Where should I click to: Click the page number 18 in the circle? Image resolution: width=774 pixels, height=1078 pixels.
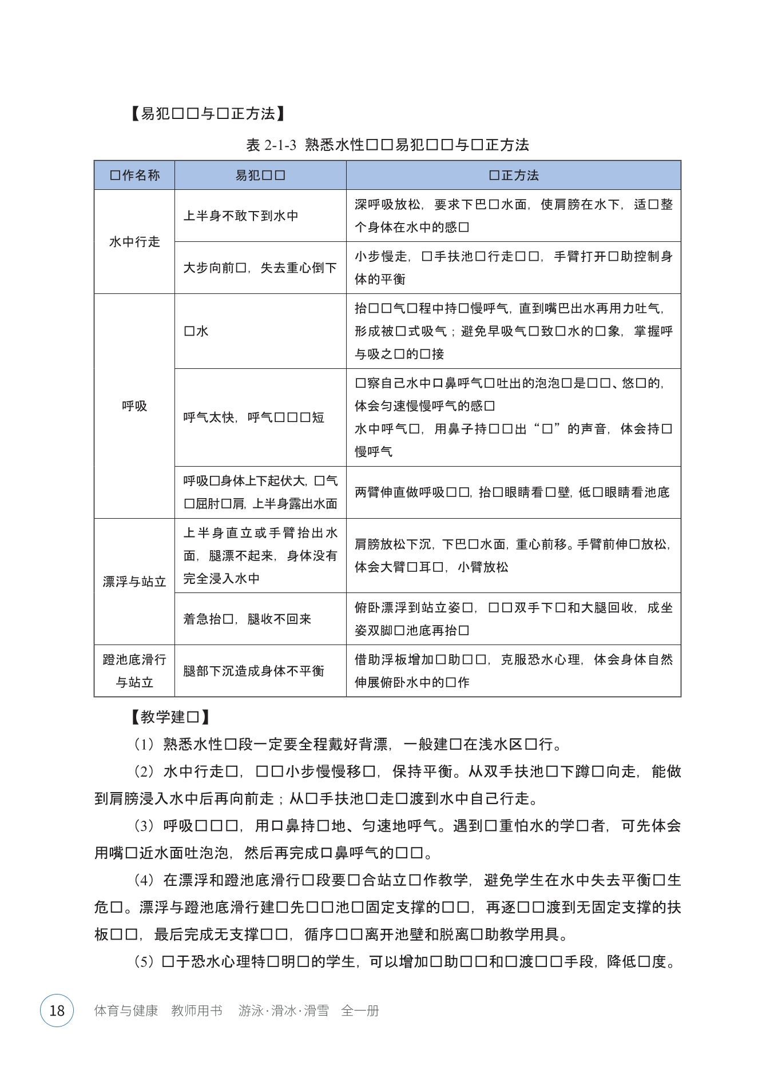click(x=57, y=1011)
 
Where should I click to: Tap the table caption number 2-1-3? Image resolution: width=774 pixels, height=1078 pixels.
click(x=280, y=145)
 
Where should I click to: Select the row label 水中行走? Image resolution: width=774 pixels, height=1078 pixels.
click(x=134, y=242)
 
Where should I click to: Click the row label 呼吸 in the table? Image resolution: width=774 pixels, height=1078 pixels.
click(x=134, y=406)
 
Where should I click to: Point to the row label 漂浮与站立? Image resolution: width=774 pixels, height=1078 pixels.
click(x=134, y=582)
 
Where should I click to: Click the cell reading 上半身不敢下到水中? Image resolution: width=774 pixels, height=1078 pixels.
click(x=241, y=216)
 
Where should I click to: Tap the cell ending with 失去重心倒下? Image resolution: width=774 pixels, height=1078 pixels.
click(x=260, y=268)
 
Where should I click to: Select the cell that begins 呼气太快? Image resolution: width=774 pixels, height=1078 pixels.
click(x=253, y=417)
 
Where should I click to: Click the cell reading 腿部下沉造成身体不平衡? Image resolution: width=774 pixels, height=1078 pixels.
click(x=253, y=671)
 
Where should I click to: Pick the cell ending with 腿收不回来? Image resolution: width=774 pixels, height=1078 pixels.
click(x=247, y=619)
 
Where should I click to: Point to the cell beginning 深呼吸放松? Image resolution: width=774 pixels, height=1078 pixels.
click(x=513, y=216)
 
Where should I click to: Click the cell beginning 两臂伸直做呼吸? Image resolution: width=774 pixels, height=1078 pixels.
click(x=512, y=492)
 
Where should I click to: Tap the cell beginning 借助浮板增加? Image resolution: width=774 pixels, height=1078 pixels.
click(x=513, y=671)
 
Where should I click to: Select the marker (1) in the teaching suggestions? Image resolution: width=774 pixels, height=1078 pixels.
click(x=144, y=745)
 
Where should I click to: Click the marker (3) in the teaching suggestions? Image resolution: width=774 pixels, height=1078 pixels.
click(x=144, y=826)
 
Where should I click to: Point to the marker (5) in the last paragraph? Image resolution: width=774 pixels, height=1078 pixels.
click(x=144, y=962)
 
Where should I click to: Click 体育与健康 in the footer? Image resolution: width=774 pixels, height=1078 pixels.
click(x=126, y=1011)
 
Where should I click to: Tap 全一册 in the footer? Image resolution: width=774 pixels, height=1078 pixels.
click(x=360, y=1011)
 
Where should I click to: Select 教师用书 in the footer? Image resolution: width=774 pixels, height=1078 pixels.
click(x=197, y=1011)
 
